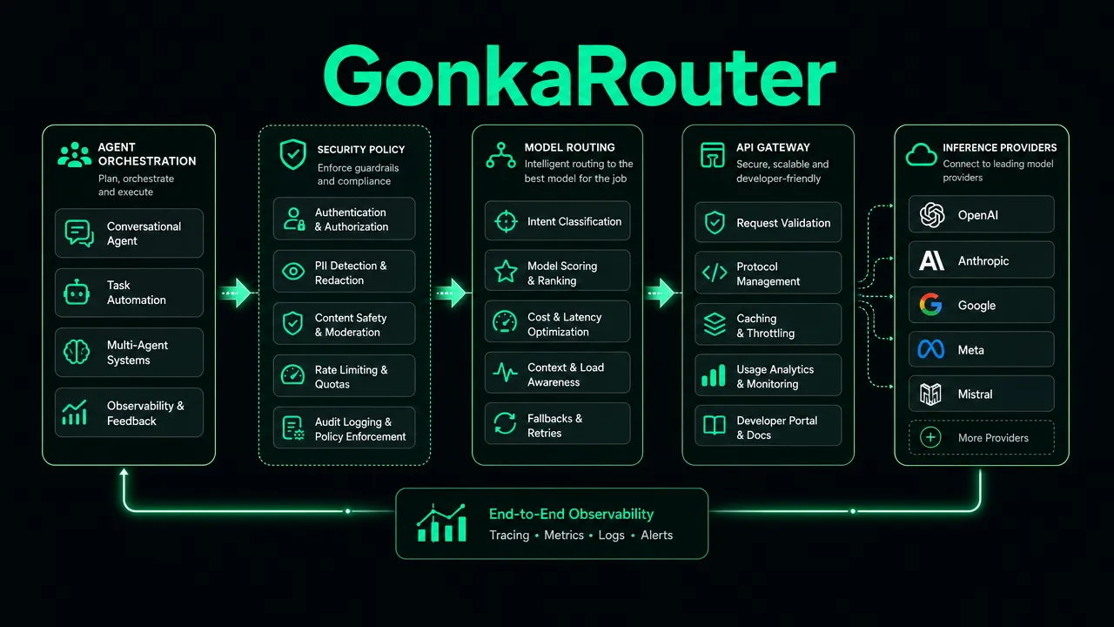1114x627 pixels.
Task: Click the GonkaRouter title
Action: [x=580, y=76]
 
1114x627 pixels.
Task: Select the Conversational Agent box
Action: [x=130, y=233]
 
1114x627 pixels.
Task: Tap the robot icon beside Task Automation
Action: [x=77, y=293]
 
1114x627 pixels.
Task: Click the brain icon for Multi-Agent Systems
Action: [x=77, y=352]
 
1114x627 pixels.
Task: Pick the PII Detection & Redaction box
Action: [x=344, y=271]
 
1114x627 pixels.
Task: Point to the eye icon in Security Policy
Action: [x=293, y=271]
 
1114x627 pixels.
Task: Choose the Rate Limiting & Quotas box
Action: [x=344, y=375]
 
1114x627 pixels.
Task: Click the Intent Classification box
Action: [x=558, y=221]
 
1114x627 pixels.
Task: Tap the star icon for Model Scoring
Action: [x=506, y=271]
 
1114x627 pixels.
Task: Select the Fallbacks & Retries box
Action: [x=558, y=423]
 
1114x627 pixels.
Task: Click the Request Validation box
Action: [x=768, y=222]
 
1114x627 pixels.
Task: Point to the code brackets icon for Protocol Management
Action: [x=715, y=273]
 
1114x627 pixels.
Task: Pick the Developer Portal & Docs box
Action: [x=768, y=426]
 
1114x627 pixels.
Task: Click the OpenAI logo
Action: [x=932, y=215]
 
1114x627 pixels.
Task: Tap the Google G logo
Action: [x=931, y=305]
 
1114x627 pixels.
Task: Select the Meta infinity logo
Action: [x=931, y=349]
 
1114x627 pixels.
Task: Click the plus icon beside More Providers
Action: [x=930, y=437]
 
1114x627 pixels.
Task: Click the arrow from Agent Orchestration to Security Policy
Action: [x=237, y=293]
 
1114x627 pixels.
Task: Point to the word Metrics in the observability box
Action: [x=564, y=535]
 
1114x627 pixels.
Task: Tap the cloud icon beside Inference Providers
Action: [x=921, y=154]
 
